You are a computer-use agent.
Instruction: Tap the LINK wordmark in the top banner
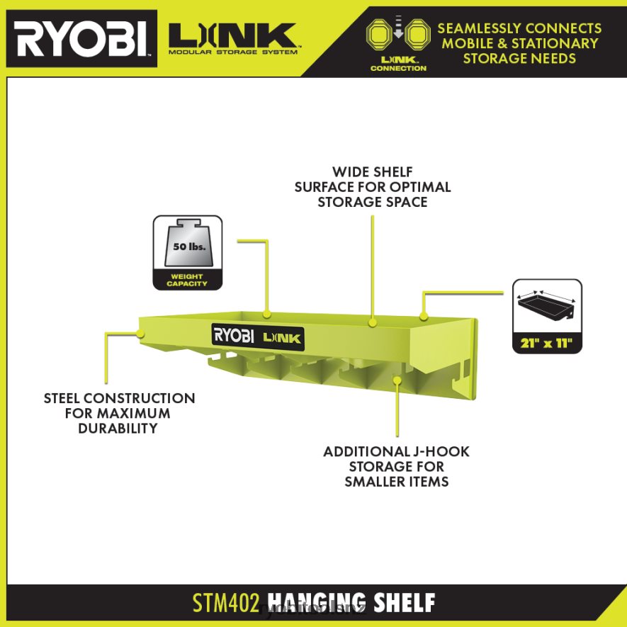pyautogui.click(x=233, y=34)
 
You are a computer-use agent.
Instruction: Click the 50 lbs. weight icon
pyautogui.click(x=187, y=247)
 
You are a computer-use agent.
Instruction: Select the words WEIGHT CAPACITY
pyautogui.click(x=187, y=280)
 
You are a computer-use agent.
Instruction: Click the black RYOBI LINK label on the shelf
pyautogui.click(x=258, y=335)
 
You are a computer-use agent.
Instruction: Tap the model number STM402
pyautogui.click(x=221, y=603)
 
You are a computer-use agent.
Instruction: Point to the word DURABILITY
pyautogui.click(x=118, y=429)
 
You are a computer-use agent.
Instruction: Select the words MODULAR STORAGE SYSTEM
pyautogui.click(x=233, y=52)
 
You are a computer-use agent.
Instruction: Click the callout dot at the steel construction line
pyautogui.click(x=140, y=331)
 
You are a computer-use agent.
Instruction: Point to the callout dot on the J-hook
pyautogui.click(x=397, y=381)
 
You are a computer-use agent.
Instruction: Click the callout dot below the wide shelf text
pyautogui.click(x=371, y=322)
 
